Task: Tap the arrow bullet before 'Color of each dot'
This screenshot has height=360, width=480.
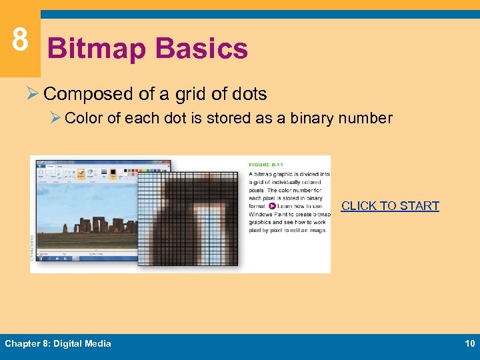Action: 55,119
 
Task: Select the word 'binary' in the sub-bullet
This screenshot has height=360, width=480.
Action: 313,119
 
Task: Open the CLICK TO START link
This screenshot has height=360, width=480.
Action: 390,206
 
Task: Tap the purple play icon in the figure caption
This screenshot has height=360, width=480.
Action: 272,206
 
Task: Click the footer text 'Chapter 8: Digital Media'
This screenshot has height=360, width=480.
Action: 58,344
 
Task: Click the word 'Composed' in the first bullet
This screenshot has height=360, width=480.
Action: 88,94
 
